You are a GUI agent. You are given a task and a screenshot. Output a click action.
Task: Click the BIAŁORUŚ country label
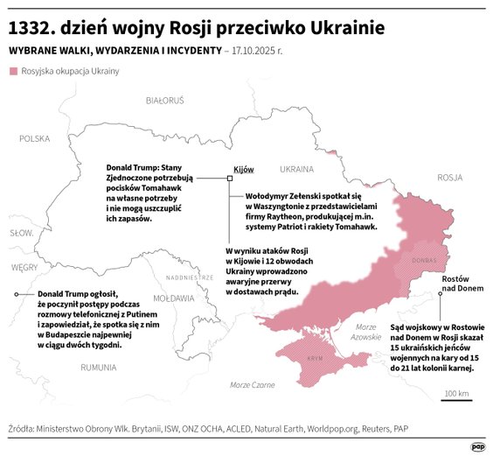[165, 101]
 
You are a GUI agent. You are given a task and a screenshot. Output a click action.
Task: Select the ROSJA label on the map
[449, 177]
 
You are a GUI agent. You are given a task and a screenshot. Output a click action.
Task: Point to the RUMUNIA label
[98, 368]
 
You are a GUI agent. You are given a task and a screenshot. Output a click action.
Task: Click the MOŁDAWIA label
[173, 298]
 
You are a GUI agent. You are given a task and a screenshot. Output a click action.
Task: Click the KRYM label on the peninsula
[315, 359]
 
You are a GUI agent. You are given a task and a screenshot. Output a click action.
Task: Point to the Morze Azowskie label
[365, 332]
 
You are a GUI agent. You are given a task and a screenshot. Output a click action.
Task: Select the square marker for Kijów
[229, 178]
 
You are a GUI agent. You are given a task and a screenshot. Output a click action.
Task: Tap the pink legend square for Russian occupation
[13, 70]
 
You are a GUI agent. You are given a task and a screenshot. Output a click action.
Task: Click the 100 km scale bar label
[457, 393]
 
